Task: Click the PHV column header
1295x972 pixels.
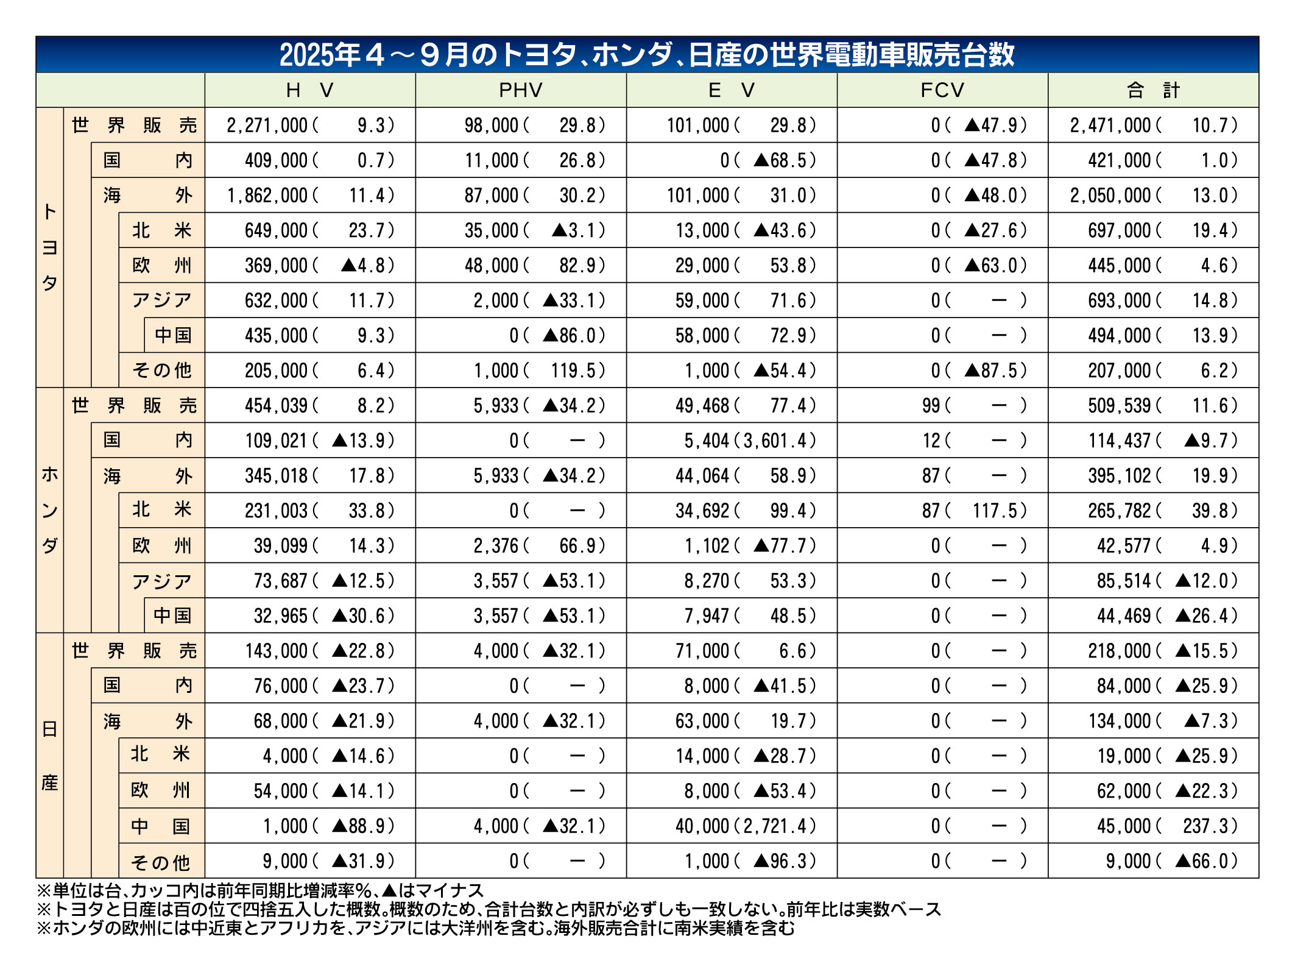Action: [520, 90]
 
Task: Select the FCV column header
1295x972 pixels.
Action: [942, 90]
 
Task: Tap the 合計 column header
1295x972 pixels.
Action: [1152, 90]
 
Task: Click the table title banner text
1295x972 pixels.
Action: [647, 54]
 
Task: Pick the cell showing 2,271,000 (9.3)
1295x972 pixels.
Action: [310, 126]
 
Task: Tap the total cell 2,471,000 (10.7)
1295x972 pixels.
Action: [1153, 126]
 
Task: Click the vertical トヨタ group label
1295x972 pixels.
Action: [50, 247]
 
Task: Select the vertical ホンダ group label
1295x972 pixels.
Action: [50, 510]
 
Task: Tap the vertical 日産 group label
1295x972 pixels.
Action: [50, 756]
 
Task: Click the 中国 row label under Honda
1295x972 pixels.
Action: [173, 616]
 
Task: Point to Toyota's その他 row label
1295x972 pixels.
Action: [161, 371]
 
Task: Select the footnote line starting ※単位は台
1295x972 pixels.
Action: [260, 891]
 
